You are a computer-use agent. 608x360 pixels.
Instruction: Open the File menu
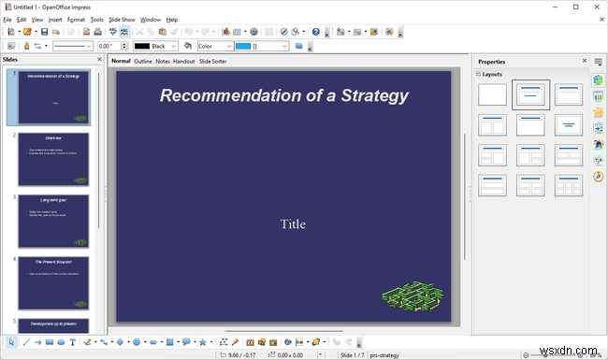(7, 19)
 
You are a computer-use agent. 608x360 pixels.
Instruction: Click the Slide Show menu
(122, 19)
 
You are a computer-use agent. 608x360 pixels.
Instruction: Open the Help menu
(172, 19)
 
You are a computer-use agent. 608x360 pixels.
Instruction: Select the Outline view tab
(143, 62)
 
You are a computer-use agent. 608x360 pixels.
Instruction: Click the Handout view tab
(183, 62)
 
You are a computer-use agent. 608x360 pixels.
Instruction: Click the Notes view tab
(163, 62)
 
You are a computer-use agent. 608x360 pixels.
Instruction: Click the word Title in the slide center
(294, 223)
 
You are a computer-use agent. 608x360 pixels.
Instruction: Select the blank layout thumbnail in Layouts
(492, 94)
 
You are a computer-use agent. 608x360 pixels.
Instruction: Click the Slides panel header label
(10, 61)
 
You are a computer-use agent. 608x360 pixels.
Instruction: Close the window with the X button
(596, 6)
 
